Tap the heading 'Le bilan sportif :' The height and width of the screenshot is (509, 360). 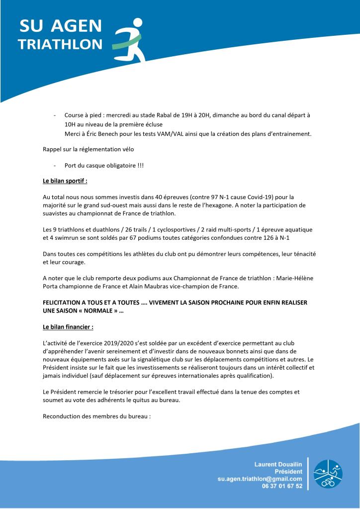pos(65,181)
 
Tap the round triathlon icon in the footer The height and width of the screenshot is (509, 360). pos(328,473)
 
